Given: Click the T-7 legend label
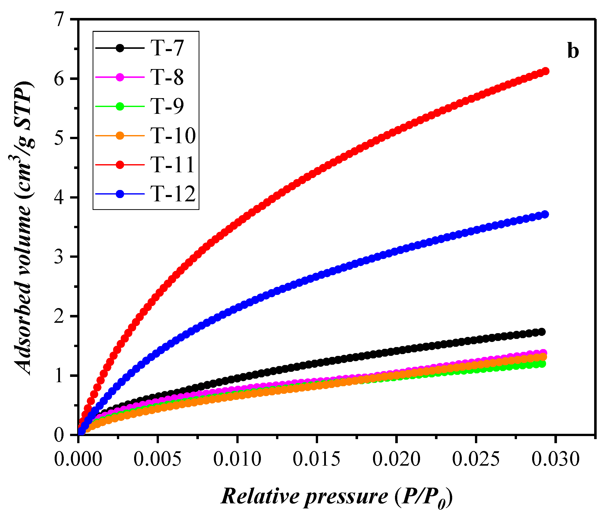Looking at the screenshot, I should click(167, 48).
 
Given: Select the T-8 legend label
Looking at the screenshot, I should click(167, 77).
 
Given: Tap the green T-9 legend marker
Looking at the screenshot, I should click(120, 106).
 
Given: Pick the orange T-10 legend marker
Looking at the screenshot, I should click(120, 136).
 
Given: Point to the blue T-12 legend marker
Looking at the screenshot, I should click(120, 194).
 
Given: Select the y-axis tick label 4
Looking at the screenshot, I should click(59, 198).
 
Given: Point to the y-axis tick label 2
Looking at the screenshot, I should click(59, 316).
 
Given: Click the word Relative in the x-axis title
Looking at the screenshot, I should click(261, 496).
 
